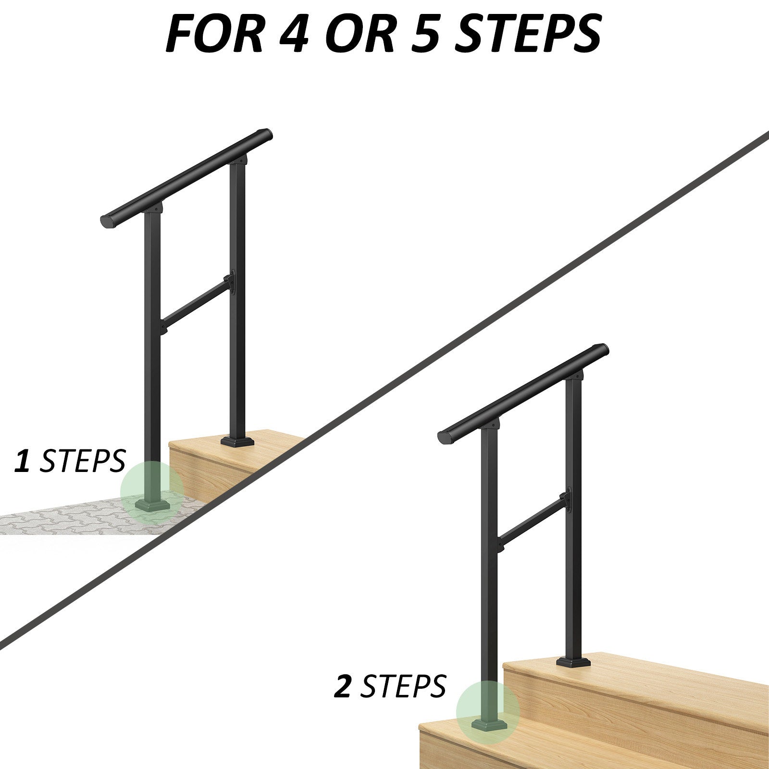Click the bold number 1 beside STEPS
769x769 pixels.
click(x=22, y=461)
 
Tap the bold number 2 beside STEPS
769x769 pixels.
click(x=343, y=686)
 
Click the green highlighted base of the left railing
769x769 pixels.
click(x=152, y=493)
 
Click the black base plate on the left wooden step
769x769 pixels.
click(x=237, y=441)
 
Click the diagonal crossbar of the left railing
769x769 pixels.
click(x=196, y=303)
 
